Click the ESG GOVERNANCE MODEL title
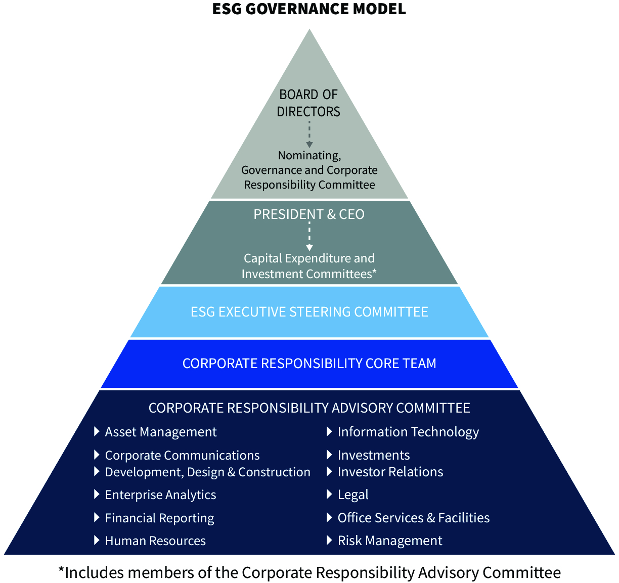click(x=309, y=9)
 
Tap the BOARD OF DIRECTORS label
click(x=308, y=103)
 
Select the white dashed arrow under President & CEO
click(x=309, y=237)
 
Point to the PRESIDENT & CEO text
click(x=309, y=214)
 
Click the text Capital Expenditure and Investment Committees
click(x=309, y=266)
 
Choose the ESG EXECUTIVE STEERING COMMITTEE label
click(x=309, y=311)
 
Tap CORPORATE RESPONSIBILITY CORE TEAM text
click(x=309, y=364)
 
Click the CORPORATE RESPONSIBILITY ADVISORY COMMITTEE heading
click(x=309, y=408)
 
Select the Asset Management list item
click(x=160, y=432)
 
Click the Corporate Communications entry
click(x=182, y=456)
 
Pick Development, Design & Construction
click(x=207, y=472)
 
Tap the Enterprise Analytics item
click(x=160, y=495)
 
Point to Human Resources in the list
click(x=155, y=541)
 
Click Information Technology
click(x=408, y=432)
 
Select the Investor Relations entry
click(x=390, y=472)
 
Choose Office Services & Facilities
click(x=413, y=518)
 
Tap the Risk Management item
click(x=389, y=541)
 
